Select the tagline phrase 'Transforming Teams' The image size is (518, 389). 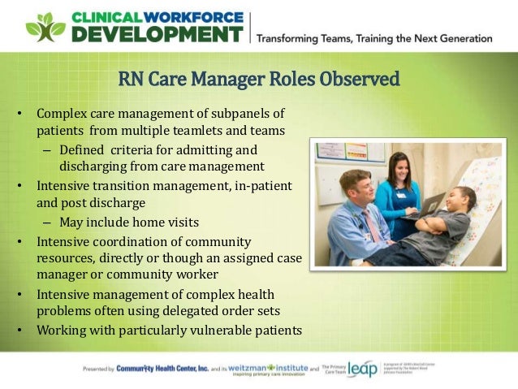click(x=302, y=38)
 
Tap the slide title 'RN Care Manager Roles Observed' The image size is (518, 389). click(x=259, y=80)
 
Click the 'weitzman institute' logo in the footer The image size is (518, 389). click(x=261, y=370)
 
